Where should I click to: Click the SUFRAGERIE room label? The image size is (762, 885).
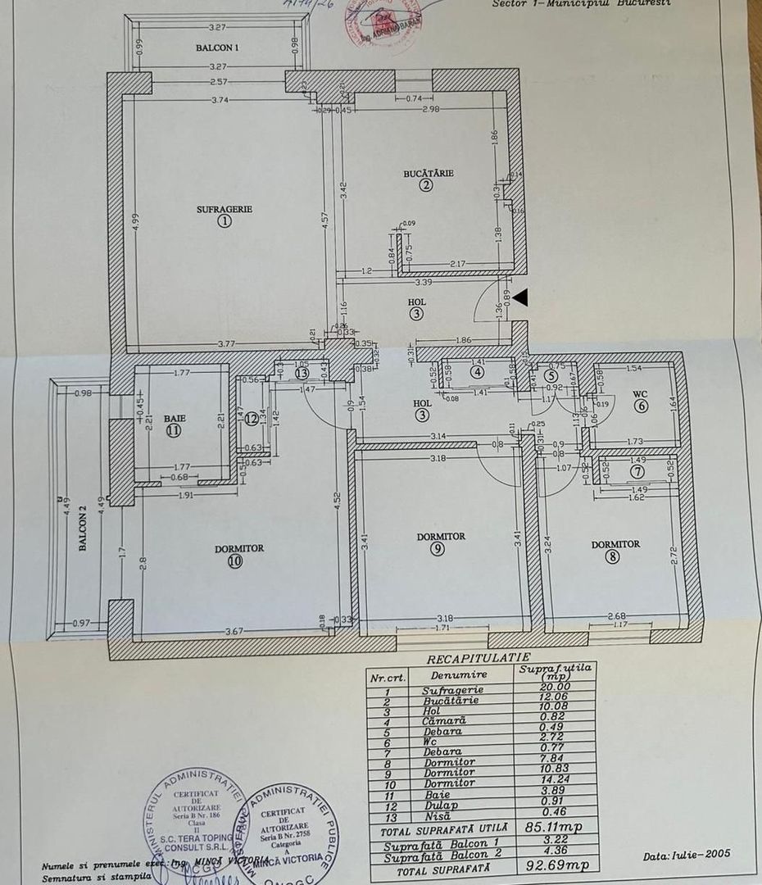coord(225,209)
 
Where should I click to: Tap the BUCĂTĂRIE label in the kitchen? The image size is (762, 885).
coord(429,173)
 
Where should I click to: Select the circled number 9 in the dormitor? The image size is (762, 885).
coord(440,550)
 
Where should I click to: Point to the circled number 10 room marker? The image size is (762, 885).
coord(236,562)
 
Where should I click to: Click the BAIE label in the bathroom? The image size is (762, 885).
coord(174,418)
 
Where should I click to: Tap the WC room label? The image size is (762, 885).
coord(640,393)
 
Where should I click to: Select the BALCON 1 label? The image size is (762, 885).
coord(217,48)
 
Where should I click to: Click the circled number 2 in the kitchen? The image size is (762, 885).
coord(425,185)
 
